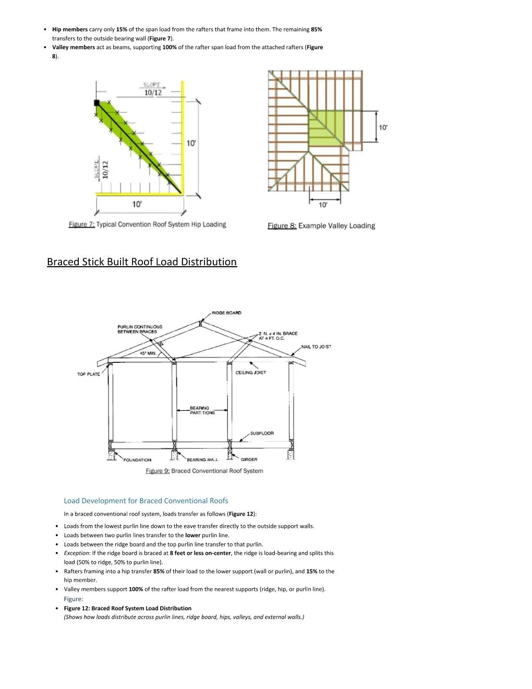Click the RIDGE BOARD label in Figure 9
(x=226, y=313)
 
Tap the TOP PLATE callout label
(x=89, y=374)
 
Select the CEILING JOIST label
(x=250, y=373)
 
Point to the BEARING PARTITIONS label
(x=202, y=410)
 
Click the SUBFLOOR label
(x=262, y=433)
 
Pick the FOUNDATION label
(x=137, y=460)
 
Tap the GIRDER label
(x=249, y=460)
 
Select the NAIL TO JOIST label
(x=316, y=347)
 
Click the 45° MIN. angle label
(x=148, y=353)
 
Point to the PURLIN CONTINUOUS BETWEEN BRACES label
(x=139, y=329)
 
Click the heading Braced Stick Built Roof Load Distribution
(x=142, y=262)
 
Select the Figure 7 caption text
(x=148, y=224)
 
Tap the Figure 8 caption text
(x=321, y=225)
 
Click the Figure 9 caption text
(x=204, y=471)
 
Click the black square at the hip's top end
(x=96, y=103)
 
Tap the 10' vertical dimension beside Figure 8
(x=383, y=127)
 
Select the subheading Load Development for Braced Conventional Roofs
(x=146, y=501)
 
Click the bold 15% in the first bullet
(x=122, y=29)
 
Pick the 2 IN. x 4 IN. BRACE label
(x=278, y=336)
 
